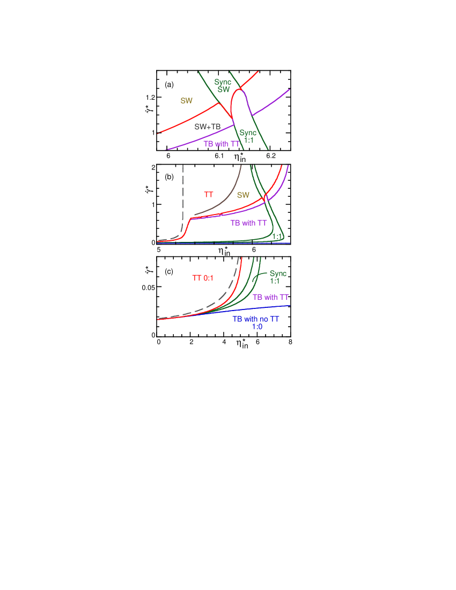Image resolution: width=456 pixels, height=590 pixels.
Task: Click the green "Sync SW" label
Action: tap(223, 86)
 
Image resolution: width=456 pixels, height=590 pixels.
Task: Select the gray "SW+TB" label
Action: tap(207, 127)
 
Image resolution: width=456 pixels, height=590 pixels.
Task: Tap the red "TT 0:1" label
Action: tap(203, 278)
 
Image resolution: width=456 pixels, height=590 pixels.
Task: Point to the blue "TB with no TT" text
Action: tap(256, 319)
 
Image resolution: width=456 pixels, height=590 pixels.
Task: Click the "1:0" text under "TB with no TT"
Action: tap(257, 327)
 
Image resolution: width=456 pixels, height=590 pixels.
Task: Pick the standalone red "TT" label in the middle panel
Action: tap(209, 195)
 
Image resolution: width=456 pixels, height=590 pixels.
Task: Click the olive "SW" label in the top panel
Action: tap(186, 101)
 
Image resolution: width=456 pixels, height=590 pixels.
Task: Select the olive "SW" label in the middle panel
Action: tap(243, 195)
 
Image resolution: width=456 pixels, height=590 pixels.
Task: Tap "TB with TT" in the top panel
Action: tap(222, 144)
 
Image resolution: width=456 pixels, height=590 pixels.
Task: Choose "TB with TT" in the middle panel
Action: tap(248, 223)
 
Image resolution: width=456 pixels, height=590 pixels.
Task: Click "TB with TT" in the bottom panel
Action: tap(271, 297)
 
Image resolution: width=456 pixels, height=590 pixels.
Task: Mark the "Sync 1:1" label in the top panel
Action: tap(248, 136)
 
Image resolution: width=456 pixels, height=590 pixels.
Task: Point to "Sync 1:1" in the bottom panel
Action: tap(278, 277)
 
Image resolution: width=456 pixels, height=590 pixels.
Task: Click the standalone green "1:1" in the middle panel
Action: tap(277, 236)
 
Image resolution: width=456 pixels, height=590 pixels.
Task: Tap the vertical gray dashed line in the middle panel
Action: tap(183, 193)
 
